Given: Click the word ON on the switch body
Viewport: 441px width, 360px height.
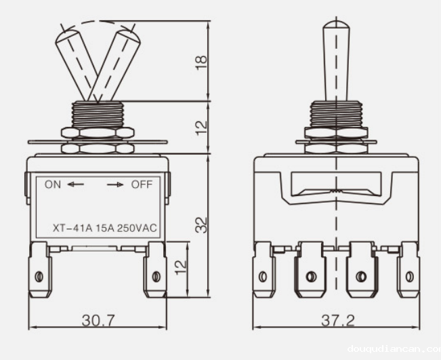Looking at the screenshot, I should [x=53, y=184].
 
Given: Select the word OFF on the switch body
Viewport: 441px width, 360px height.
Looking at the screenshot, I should [x=142, y=184].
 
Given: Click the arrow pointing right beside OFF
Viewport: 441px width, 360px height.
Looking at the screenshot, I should [x=115, y=184].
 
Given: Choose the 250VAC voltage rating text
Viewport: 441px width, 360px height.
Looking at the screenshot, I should [x=137, y=228].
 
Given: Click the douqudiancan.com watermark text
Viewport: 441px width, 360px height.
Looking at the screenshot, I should [x=393, y=349].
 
